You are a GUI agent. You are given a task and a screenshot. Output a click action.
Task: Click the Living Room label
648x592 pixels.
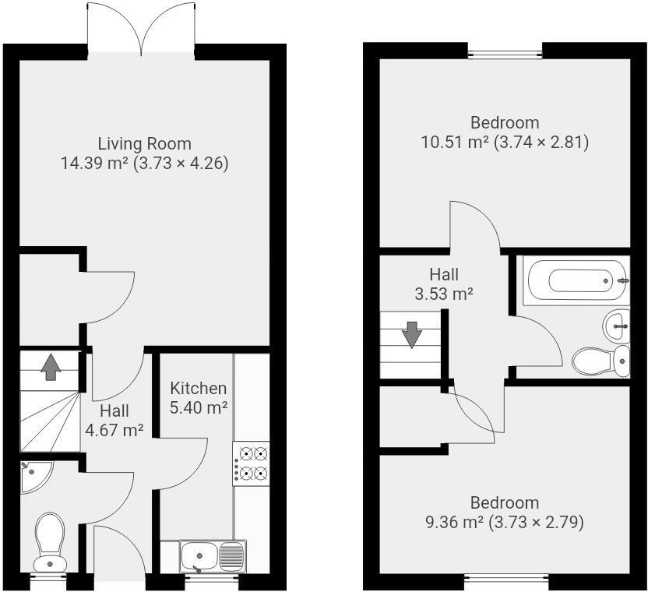tap(144, 143)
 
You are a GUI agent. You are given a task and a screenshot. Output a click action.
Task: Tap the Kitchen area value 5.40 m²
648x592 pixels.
tap(199, 407)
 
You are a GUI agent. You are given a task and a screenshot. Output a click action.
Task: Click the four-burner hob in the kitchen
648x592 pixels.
tap(251, 463)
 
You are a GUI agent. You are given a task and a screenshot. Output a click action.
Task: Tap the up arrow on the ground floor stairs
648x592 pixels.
tap(51, 366)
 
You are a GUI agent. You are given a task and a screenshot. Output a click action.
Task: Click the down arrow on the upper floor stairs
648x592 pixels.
tap(410, 336)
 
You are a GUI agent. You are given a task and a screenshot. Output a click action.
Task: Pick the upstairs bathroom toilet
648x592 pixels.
tap(601, 361)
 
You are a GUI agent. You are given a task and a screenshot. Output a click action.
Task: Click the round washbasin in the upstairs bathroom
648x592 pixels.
tap(618, 324)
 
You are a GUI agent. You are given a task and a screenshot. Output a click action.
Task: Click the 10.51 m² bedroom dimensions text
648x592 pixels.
tap(505, 142)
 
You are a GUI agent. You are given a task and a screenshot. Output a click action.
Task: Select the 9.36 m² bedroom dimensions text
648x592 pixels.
tap(505, 522)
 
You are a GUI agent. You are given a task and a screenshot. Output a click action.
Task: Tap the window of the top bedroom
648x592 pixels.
tap(505, 55)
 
